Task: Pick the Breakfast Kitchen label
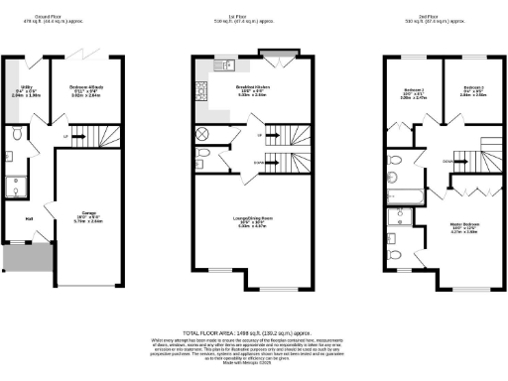(253, 90)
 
